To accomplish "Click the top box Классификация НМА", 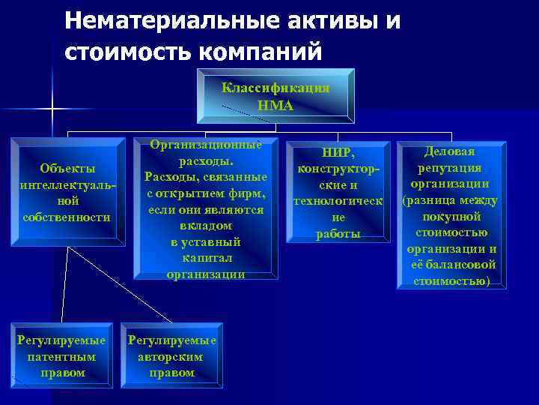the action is pyautogui.click(x=275, y=96).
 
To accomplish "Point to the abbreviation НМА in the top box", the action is pyautogui.click(x=275, y=106).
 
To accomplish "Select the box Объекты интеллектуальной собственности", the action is pyautogui.click(x=67, y=192).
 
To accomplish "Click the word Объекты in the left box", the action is pyautogui.click(x=67, y=167).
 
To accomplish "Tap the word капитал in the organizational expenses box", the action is pyautogui.click(x=205, y=258).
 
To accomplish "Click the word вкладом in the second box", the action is pyautogui.click(x=205, y=226).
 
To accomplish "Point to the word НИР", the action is pyautogui.click(x=338, y=153).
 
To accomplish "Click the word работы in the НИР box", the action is pyautogui.click(x=338, y=234).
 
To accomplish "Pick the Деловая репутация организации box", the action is pyautogui.click(x=451, y=216).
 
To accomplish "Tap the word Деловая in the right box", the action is pyautogui.click(x=450, y=151).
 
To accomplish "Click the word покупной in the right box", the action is pyautogui.click(x=450, y=217).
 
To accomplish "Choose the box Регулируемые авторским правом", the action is pyautogui.click(x=172, y=356).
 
